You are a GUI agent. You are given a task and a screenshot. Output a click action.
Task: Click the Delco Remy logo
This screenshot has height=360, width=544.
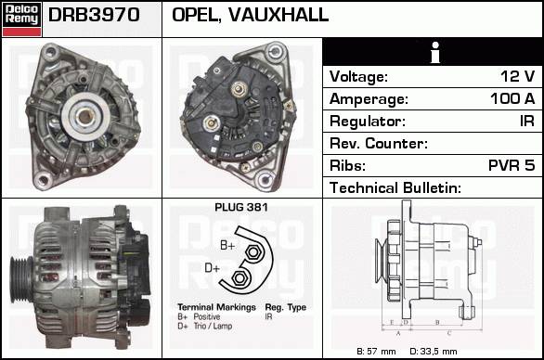tap(22, 19)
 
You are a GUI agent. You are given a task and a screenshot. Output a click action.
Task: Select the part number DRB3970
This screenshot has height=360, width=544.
tap(94, 15)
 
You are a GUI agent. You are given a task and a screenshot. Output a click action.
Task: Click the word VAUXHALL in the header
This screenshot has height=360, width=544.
tap(278, 15)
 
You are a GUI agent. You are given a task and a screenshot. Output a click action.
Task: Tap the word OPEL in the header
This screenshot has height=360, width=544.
tap(196, 15)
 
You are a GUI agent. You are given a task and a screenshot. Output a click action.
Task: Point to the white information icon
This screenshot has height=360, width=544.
tap(435, 52)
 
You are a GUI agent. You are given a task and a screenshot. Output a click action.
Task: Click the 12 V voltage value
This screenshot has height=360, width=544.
tap(518, 76)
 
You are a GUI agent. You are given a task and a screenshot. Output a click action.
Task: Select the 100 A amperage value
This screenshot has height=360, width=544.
tap(512, 99)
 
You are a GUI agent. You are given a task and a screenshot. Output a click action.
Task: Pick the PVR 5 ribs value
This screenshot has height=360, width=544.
tap(512, 165)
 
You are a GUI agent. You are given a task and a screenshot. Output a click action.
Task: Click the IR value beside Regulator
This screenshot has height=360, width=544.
tap(527, 121)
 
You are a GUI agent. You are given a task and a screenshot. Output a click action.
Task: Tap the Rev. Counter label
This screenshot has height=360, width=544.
tap(379, 143)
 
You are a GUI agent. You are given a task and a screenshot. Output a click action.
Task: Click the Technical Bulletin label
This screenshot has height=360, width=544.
tap(395, 188)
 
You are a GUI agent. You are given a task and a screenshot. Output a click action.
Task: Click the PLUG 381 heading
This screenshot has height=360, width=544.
tap(241, 208)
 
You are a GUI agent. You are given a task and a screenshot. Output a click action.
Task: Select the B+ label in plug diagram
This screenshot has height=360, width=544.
tap(227, 246)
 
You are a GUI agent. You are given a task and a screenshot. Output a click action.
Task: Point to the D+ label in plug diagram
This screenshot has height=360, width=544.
tap(212, 268)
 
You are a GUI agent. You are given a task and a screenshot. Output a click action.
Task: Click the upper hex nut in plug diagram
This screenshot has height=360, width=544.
tap(253, 251)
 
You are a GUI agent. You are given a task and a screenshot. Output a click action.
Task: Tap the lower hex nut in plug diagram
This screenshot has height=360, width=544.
tap(239, 277)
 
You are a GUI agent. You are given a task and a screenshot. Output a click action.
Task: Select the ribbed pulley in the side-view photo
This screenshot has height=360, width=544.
tap(21, 279)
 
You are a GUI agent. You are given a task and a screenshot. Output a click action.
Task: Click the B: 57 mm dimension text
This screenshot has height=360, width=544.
tap(376, 352)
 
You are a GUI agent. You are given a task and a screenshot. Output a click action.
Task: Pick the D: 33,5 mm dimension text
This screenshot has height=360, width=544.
tap(434, 352)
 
